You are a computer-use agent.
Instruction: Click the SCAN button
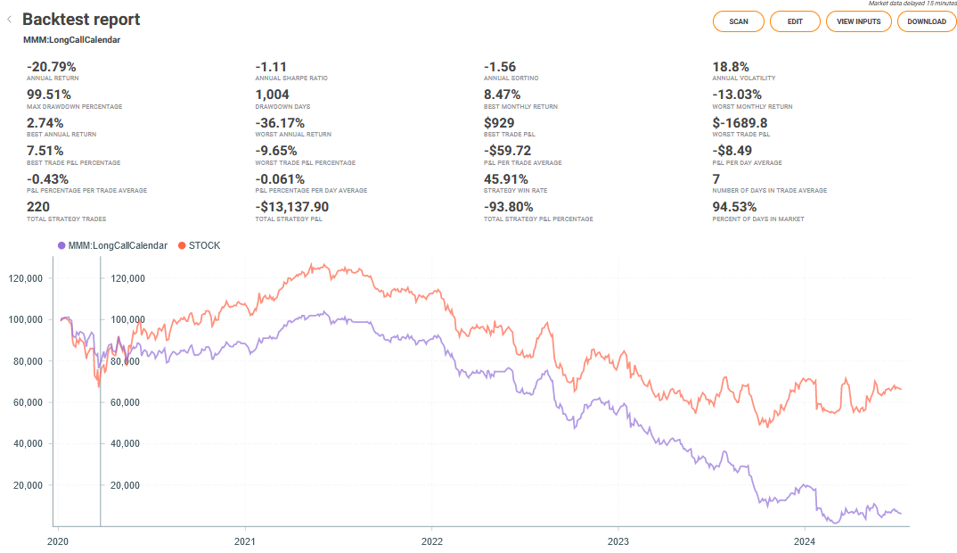738,21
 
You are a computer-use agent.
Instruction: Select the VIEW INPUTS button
858,21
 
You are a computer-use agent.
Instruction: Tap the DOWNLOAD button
926,21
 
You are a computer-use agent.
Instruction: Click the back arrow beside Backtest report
9,19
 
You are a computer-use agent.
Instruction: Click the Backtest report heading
81,20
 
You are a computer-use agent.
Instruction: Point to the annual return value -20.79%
52,67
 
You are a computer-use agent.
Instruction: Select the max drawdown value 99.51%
49,95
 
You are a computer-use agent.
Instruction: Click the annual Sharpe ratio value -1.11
272,67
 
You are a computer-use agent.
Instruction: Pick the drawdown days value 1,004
273,95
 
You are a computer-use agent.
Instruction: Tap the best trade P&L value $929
499,122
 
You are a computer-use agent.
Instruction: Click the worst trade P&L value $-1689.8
740,122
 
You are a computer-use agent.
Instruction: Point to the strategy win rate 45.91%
506,178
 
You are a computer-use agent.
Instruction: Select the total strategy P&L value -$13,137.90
292,206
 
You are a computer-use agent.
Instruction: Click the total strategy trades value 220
39,206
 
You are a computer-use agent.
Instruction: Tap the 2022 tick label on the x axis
432,541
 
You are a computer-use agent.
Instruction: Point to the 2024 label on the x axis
805,541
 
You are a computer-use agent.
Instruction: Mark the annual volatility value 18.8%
731,67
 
